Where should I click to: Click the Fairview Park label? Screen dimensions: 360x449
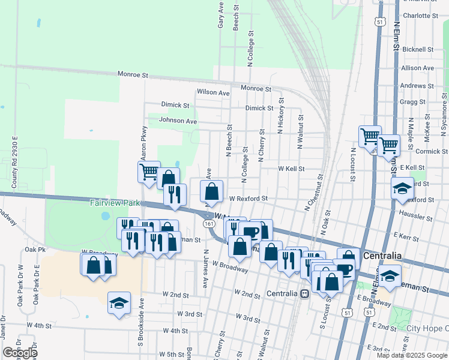tap(115, 203)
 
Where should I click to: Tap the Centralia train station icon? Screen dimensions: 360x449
tap(305, 293)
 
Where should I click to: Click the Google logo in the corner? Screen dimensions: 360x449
tap(19, 353)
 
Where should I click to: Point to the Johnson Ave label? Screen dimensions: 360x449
tap(178, 121)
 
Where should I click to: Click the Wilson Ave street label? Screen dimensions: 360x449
tap(213, 93)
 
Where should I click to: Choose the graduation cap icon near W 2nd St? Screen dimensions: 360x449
tap(119, 303)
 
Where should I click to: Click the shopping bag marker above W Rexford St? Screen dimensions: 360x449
tap(212, 192)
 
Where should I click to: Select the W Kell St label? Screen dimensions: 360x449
tap(291, 169)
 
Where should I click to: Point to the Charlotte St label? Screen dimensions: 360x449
tap(417, 16)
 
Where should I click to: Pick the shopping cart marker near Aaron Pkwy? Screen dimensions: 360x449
tap(148, 172)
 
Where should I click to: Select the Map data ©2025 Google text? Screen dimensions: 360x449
tap(411, 355)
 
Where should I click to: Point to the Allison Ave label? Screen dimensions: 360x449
tap(417, 68)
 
